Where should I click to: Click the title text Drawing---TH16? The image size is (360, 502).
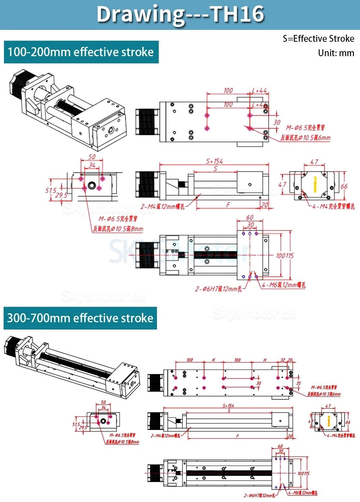(x=180, y=14)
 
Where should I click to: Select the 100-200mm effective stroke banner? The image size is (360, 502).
(x=81, y=53)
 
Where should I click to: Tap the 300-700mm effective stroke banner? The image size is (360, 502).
(x=80, y=318)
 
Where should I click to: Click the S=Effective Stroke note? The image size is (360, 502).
(x=318, y=39)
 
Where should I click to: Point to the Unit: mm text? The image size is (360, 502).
(x=336, y=53)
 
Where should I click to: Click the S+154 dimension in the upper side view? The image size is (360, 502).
(x=214, y=161)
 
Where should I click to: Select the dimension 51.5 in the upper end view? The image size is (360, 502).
(x=51, y=190)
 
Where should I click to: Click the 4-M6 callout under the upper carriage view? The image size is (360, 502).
(x=284, y=285)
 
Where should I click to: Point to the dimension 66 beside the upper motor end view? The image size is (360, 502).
(x=344, y=186)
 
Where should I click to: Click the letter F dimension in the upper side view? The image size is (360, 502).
(x=228, y=205)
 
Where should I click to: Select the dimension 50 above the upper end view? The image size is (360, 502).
(x=92, y=157)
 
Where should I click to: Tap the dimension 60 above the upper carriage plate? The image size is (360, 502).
(x=249, y=218)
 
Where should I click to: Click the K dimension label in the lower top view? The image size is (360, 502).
(x=213, y=360)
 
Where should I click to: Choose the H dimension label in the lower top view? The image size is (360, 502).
(x=265, y=360)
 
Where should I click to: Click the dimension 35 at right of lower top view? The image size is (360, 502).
(x=298, y=383)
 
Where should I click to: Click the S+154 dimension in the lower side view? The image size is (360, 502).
(x=228, y=405)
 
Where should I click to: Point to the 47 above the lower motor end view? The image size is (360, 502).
(x=328, y=406)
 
